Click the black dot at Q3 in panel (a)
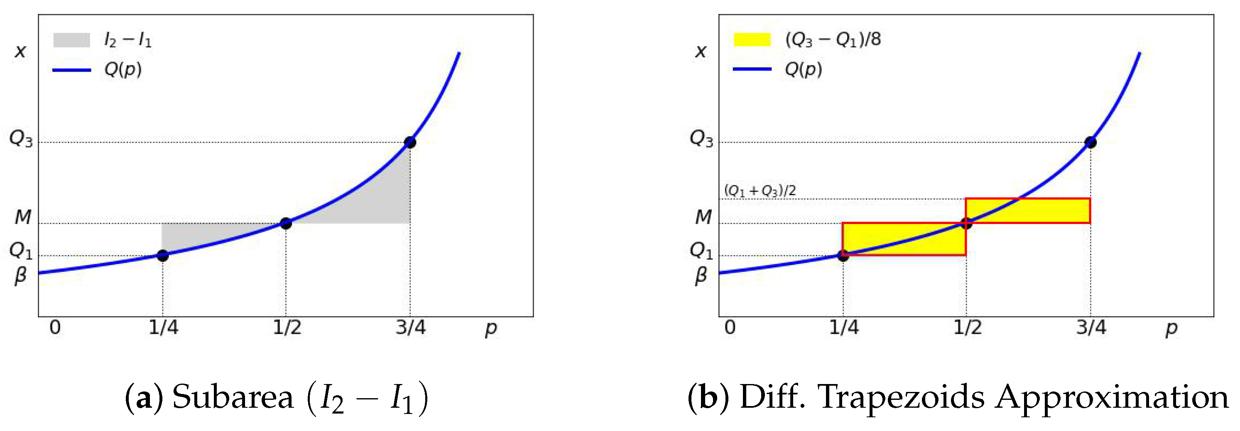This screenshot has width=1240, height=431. point(409,143)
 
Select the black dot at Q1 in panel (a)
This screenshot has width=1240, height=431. point(163,256)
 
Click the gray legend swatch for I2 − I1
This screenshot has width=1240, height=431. point(71,40)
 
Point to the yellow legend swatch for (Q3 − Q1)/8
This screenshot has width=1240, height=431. point(752,39)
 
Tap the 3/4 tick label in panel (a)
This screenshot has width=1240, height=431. point(411,328)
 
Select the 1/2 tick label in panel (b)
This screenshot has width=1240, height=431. point(968,328)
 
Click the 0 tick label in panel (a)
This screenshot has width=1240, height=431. point(55,328)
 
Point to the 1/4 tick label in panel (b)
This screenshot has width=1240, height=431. point(844,328)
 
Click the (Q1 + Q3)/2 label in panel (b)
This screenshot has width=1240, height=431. point(760,191)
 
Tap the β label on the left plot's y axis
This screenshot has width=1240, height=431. point(20,276)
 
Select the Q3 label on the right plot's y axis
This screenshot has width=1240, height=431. point(701,139)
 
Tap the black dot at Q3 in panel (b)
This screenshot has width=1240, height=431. point(1091,143)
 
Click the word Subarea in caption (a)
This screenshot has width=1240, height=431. point(233,398)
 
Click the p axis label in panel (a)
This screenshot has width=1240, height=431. point(490,329)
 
